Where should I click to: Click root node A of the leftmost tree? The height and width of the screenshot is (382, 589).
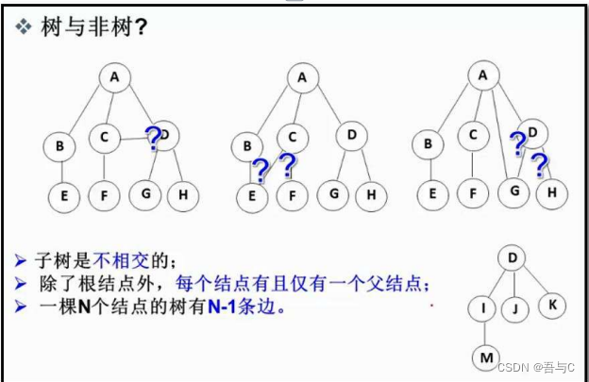115,77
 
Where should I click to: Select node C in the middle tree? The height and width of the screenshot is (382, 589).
293,138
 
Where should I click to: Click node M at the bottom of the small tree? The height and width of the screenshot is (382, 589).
484,357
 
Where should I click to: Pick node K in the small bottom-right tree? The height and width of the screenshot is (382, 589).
551,306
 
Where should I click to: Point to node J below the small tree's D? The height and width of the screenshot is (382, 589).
515,307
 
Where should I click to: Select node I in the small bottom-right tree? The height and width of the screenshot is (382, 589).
483,307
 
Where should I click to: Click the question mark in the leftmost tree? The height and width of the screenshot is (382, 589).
152,140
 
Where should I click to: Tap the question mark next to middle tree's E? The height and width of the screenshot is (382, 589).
261,171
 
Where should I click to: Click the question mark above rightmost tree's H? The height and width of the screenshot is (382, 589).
539,167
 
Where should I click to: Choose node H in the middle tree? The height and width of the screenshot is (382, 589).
371,196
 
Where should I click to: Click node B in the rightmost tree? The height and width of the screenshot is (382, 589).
429,144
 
